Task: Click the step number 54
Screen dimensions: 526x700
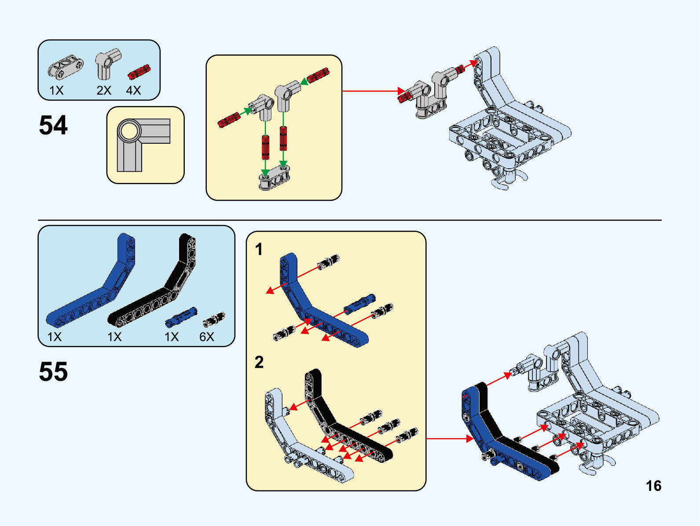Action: point(53,125)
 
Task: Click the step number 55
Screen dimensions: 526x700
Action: point(53,372)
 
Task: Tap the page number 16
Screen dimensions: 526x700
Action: point(653,486)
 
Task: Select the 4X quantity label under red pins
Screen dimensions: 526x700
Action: point(133,91)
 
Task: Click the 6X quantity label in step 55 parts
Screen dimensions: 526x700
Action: point(206,337)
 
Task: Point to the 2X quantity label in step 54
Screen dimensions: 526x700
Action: point(104,91)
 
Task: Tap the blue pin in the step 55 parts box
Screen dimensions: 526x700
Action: point(181,317)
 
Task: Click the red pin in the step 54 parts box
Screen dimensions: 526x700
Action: point(139,72)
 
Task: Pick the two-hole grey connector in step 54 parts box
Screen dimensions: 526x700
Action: point(66,67)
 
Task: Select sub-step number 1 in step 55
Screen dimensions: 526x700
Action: point(259,249)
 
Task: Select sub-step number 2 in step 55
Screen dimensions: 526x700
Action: point(259,363)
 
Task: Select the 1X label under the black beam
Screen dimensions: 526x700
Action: point(114,337)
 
